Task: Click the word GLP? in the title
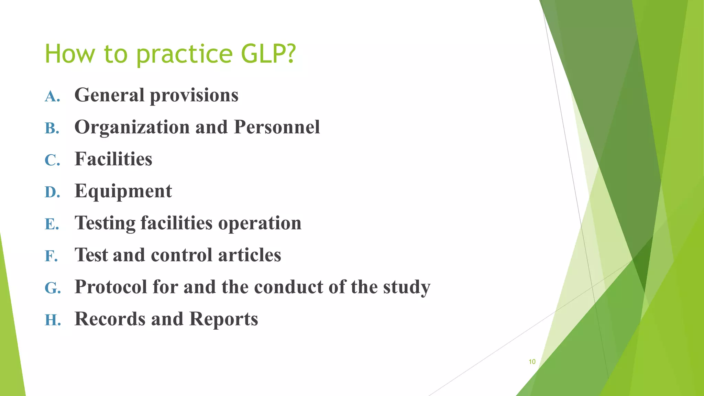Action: point(268,54)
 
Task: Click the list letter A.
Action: point(52,96)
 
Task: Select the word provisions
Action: point(194,96)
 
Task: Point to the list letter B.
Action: point(52,128)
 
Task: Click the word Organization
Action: point(132,128)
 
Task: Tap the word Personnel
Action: point(277,127)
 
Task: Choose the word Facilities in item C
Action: point(113,159)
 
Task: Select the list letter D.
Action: point(52,192)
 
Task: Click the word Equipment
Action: point(123,191)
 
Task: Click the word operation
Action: point(260,223)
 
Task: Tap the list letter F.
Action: point(51,256)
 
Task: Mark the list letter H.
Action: point(53,320)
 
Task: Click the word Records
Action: point(110,319)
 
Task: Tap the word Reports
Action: point(223,319)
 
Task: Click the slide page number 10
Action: point(532,362)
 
